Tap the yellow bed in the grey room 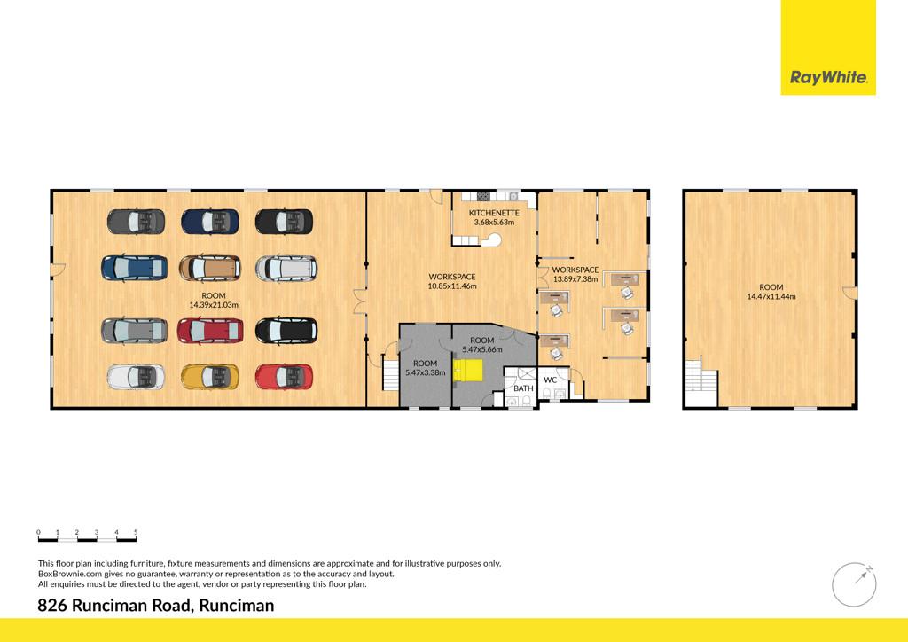(x=468, y=371)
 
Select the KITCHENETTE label (x=494, y=213)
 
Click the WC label (x=550, y=380)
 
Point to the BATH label (x=523, y=388)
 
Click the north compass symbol (x=854, y=584)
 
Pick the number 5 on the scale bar (x=136, y=532)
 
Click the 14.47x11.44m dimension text (x=771, y=296)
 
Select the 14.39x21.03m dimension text (x=214, y=304)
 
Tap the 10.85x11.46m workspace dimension (x=452, y=286)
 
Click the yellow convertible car (x=209, y=377)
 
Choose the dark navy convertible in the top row (x=209, y=222)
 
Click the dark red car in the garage (x=210, y=331)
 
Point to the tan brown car (x=209, y=268)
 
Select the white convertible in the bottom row (x=136, y=377)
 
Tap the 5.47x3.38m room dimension (x=426, y=372)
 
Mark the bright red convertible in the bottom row (x=284, y=377)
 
